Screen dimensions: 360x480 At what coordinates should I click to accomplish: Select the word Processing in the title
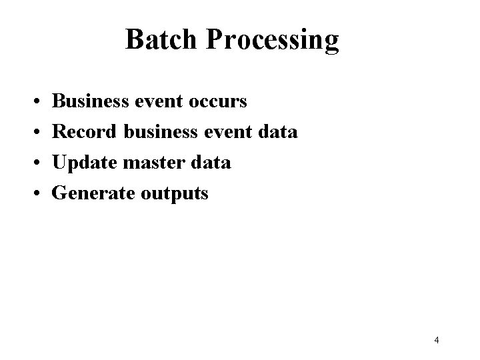tap(273, 41)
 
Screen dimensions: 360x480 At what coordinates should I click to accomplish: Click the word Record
tap(85, 132)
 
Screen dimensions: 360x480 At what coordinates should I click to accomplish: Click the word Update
tap(85, 163)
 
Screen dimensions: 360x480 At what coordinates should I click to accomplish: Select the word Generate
tap(93, 193)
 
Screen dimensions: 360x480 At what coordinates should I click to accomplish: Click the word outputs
tap(175, 194)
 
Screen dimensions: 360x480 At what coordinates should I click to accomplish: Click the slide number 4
tap(436, 341)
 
